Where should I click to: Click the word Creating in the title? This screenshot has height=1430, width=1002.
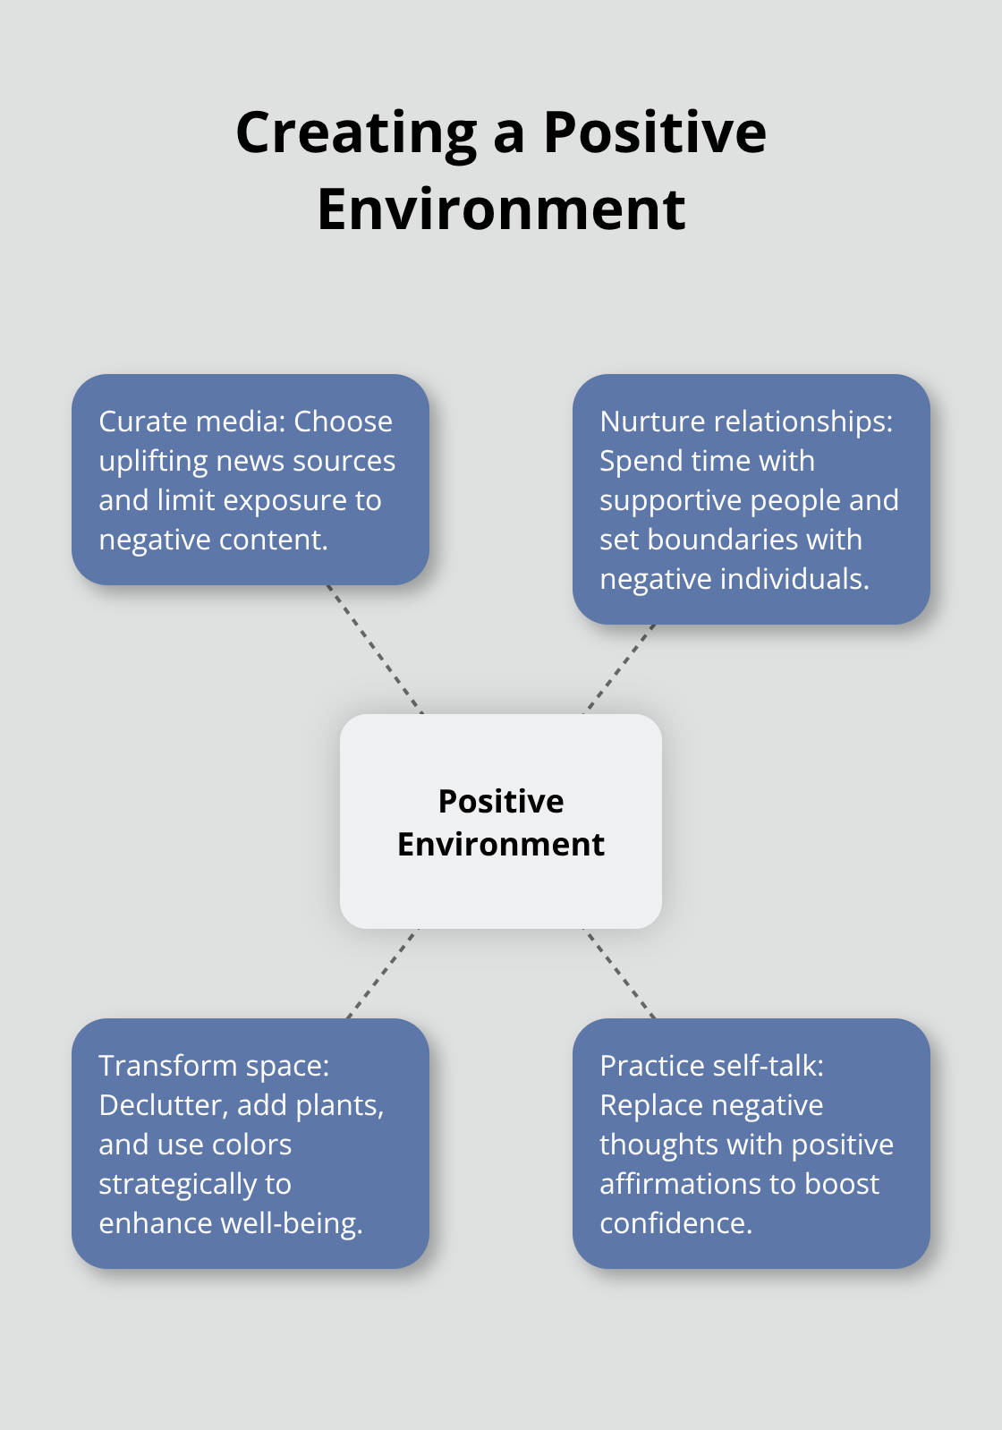tap(356, 132)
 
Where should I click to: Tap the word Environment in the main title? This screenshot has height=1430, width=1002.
tap(501, 209)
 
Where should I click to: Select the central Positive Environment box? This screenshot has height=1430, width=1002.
tap(501, 821)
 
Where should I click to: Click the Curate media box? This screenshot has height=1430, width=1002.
tap(250, 480)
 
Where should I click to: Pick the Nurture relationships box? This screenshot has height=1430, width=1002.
tap(751, 498)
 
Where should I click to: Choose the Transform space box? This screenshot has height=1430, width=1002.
tap(250, 1143)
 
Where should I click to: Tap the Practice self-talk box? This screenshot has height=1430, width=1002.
tap(751, 1143)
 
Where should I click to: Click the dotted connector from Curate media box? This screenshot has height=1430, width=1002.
tap(374, 649)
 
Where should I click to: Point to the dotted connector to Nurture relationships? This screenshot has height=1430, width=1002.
tap(620, 668)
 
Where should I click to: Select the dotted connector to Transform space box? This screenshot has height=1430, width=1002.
tap(382, 974)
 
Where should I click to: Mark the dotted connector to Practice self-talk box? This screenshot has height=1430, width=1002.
tap(620, 974)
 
